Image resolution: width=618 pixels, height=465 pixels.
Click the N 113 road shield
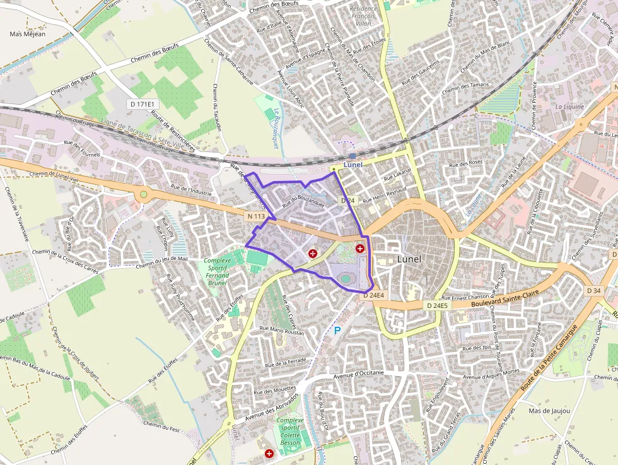click(x=255, y=216)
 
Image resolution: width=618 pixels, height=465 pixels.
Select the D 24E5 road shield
click(x=437, y=305)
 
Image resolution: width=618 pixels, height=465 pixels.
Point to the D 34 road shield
click(x=593, y=291)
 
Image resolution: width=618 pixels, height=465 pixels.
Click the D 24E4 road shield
click(x=374, y=295)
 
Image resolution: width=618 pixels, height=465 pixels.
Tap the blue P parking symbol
click(x=337, y=330)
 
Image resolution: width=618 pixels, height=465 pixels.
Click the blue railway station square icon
click(x=352, y=155)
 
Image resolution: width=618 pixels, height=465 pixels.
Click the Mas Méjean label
click(x=27, y=33)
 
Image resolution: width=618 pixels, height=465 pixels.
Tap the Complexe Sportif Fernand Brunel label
click(x=218, y=272)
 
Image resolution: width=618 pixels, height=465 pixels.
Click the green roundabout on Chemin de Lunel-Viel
click(x=143, y=194)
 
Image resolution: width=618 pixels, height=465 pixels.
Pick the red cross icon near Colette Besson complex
click(x=269, y=453)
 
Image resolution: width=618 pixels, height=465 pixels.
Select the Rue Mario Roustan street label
click(x=282, y=329)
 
